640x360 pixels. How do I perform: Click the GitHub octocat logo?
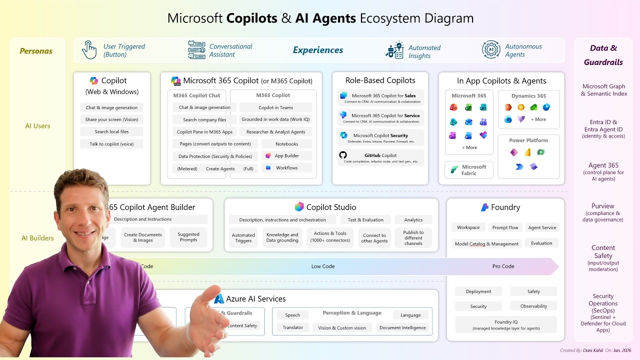[x=343, y=155]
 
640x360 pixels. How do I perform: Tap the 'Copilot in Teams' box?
[x=275, y=107]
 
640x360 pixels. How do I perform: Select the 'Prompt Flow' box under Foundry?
[x=505, y=227]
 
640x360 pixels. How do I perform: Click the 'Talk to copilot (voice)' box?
[x=111, y=144]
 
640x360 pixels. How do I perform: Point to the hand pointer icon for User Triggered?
[x=89, y=50]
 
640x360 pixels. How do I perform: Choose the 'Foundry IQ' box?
[x=506, y=324]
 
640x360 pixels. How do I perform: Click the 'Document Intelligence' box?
[x=402, y=328]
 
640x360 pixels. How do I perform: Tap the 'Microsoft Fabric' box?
[x=468, y=170]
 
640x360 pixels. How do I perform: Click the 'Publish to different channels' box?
[x=413, y=237]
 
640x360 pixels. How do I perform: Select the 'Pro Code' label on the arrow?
[x=503, y=266]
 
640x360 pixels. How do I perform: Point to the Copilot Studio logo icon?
[x=299, y=207]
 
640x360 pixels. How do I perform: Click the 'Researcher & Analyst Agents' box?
[x=275, y=132]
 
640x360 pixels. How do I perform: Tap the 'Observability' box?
[x=533, y=306]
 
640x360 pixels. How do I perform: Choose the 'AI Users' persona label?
[x=37, y=126]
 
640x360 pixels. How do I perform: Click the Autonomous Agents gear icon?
[x=491, y=49]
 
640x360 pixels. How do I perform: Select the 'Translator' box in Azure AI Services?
[x=292, y=328]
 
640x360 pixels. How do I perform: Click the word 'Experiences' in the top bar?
[x=318, y=50]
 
